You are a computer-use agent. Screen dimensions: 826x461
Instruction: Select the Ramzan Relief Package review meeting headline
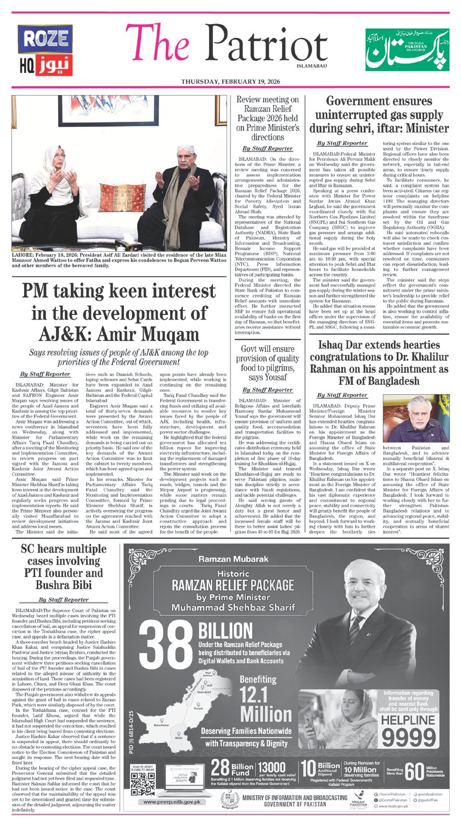267,117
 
